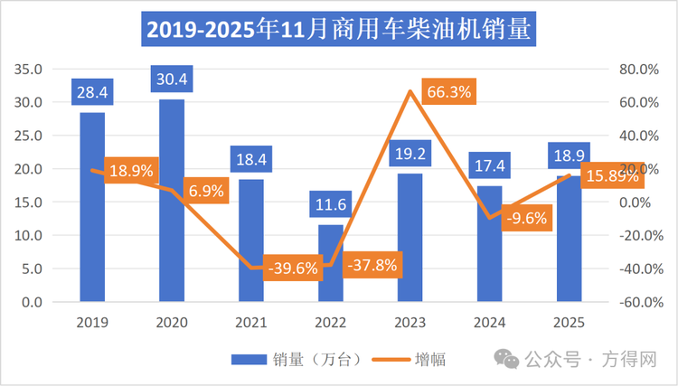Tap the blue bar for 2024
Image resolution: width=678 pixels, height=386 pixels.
[x=490, y=243]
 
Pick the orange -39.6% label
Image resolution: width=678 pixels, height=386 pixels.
[x=293, y=268]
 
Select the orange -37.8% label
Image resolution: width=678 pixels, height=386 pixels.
[x=372, y=266]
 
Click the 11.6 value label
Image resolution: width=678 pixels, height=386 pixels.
[x=331, y=205]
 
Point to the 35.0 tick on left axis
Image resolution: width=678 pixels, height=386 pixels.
[x=31, y=69]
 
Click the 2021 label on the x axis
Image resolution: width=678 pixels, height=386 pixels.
[x=251, y=322]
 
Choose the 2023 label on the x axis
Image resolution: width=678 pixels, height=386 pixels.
[x=410, y=322]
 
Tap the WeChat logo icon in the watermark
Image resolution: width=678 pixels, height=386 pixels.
[x=510, y=360]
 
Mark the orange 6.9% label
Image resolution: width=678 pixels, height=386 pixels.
[x=208, y=191]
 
